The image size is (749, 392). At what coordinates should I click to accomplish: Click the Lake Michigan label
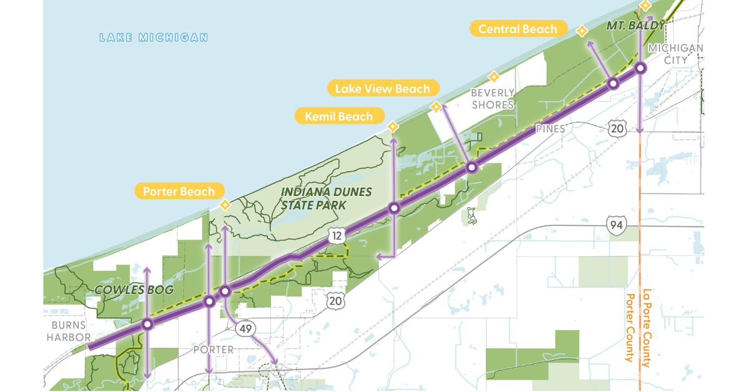click(x=154, y=37)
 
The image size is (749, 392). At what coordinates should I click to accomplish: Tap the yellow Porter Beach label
click(x=179, y=192)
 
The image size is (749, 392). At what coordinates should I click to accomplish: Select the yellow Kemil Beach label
click(x=339, y=116)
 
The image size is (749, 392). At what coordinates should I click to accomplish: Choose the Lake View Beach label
click(x=382, y=89)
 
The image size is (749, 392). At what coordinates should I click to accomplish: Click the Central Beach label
click(x=517, y=29)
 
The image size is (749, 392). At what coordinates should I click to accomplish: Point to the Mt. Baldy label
click(x=635, y=26)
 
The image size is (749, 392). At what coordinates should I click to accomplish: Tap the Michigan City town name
click(x=675, y=54)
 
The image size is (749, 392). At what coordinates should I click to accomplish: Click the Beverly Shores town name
click(x=492, y=99)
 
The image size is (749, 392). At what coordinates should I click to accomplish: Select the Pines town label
click(x=550, y=129)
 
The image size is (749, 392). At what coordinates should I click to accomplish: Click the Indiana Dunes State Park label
click(x=326, y=197)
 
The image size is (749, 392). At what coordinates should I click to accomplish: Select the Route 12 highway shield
click(x=336, y=235)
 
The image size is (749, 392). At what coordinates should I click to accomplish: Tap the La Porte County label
click(x=647, y=328)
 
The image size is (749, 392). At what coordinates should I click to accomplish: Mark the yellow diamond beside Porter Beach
click(x=225, y=205)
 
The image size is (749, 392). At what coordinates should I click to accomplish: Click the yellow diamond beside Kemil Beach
click(x=393, y=126)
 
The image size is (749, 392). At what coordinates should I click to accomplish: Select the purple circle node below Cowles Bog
click(x=147, y=324)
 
